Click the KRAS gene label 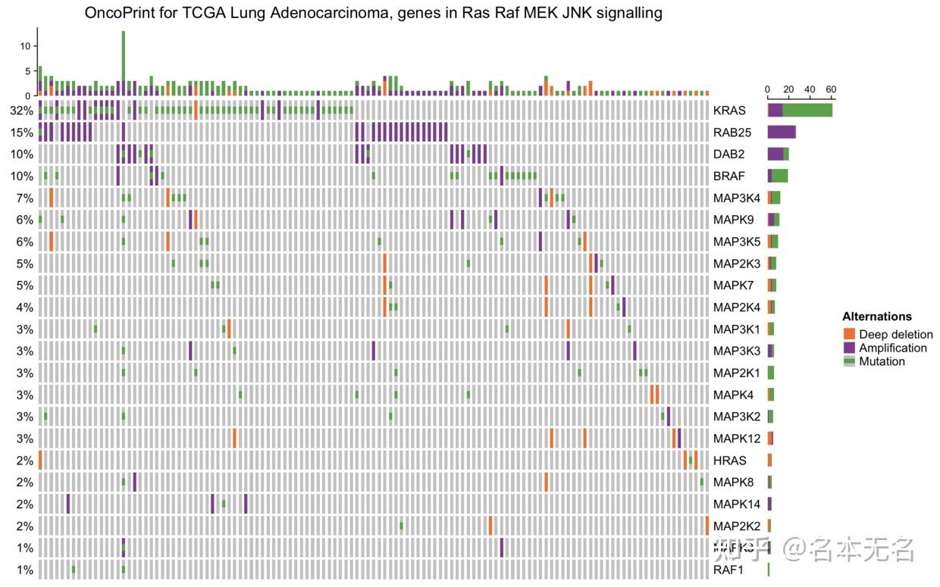[x=728, y=111]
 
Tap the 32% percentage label [x=21, y=111]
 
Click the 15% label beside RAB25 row [x=21, y=133]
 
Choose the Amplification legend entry [x=892, y=348]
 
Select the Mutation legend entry [x=881, y=361]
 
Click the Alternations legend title [x=876, y=317]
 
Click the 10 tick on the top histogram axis [x=25, y=46]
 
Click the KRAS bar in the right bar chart [x=800, y=111]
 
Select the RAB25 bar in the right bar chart [x=782, y=133]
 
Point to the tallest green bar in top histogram [x=124, y=57]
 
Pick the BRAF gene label [x=728, y=176]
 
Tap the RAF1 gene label [x=727, y=570]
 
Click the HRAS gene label [x=729, y=461]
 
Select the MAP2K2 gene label [x=735, y=526]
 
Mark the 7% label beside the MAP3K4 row [x=24, y=198]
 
